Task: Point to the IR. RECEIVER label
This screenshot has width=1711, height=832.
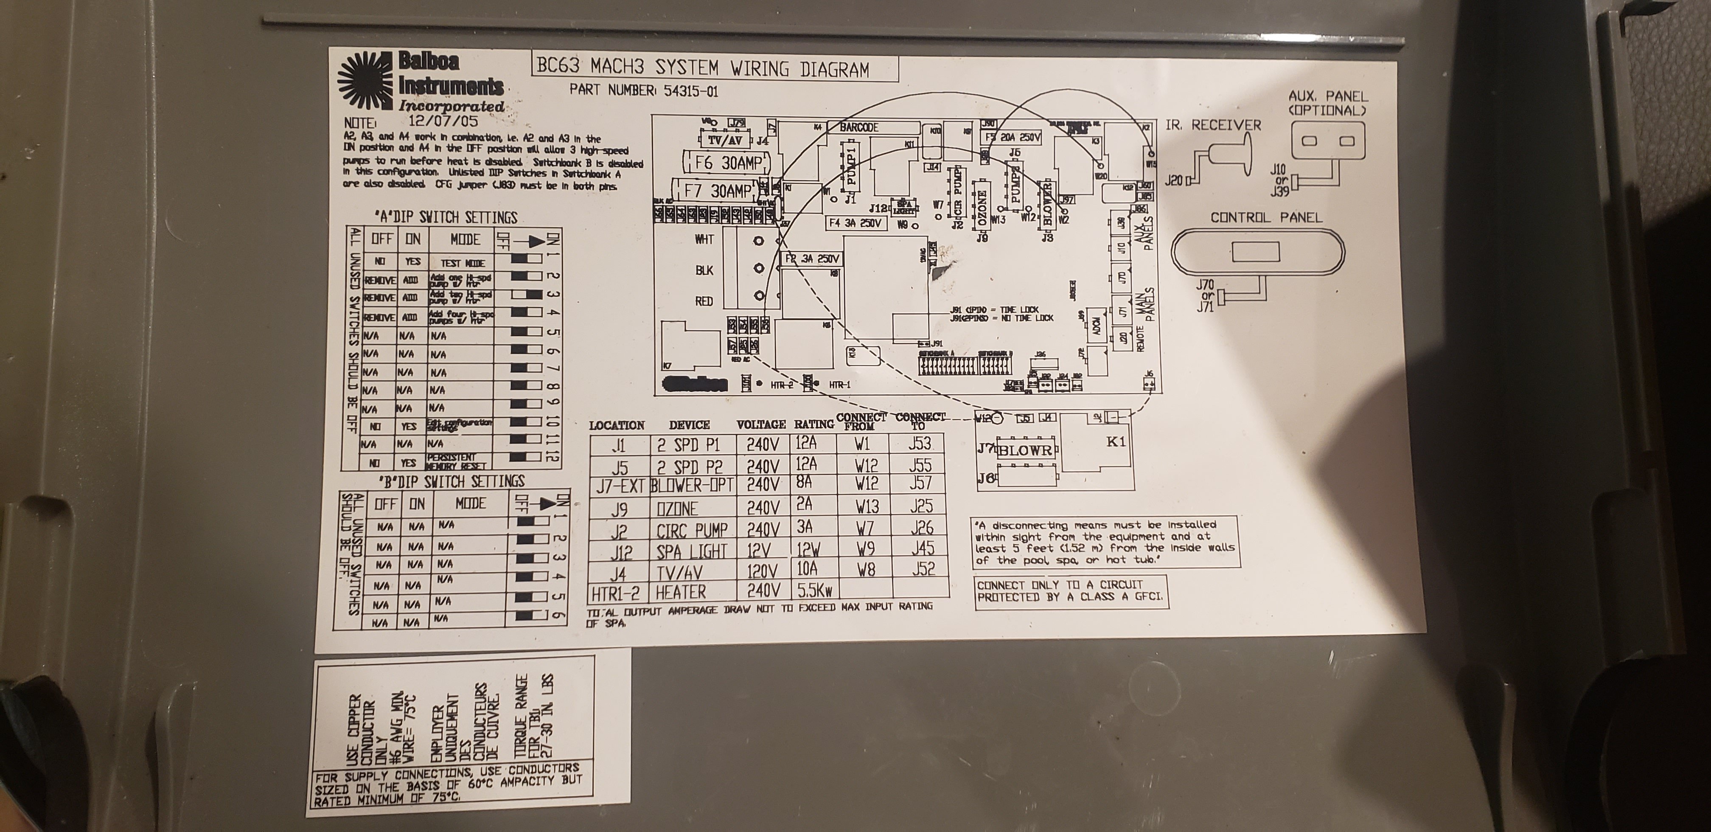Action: [1212, 125]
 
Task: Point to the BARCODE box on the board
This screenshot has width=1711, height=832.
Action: [859, 127]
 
